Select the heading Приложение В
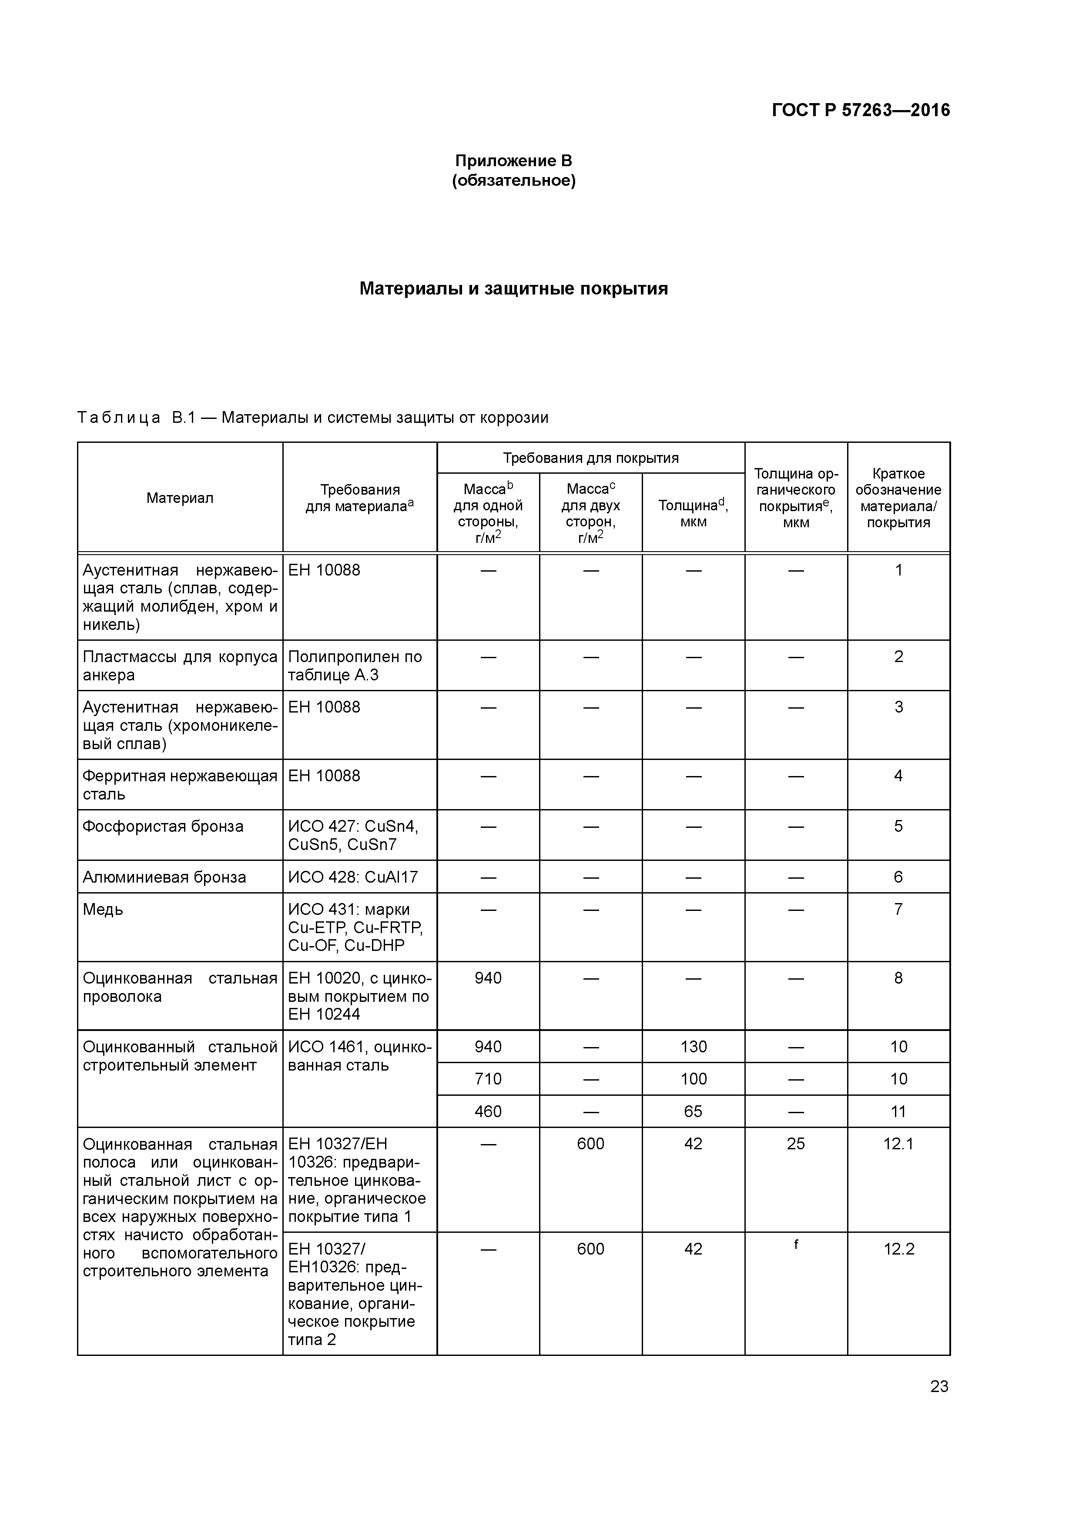pyautogui.click(x=513, y=161)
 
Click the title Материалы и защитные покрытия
pyautogui.click(x=513, y=288)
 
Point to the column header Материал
pyautogui.click(x=180, y=498)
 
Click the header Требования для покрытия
pyautogui.click(x=590, y=458)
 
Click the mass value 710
pyautogui.click(x=488, y=1079)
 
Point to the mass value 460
pyautogui.click(x=488, y=1111)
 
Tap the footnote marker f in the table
pyautogui.click(x=796, y=1244)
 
